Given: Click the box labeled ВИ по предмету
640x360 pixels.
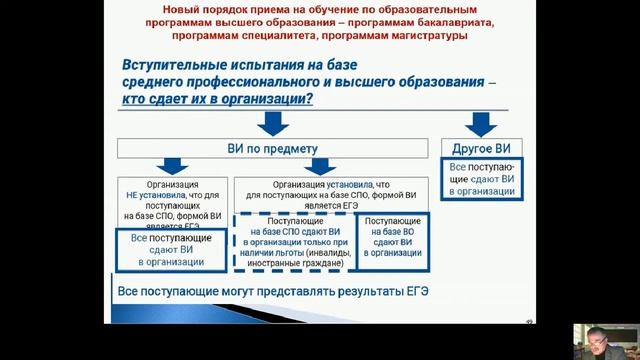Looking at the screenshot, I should coord(274,149).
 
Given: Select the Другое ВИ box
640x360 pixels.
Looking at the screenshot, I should coord(481,149).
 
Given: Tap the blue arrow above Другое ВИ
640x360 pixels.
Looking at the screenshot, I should coord(481,123).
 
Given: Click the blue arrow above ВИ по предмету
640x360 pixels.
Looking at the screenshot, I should coord(274,123).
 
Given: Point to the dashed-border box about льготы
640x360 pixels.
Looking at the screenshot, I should coord(294,241).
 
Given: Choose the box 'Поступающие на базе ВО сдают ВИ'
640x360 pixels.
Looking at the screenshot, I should coord(392,240).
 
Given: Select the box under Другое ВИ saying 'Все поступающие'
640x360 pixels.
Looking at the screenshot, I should coord(481,178).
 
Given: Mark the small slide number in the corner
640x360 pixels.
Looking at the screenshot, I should coord(528,320).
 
